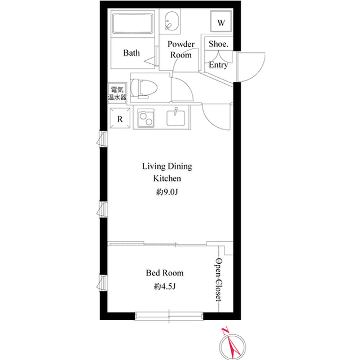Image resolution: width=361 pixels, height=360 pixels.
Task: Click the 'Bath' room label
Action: point(131,53)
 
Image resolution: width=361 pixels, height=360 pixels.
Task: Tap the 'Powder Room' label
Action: point(181,50)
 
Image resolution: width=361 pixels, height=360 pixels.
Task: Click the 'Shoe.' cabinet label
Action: point(218,44)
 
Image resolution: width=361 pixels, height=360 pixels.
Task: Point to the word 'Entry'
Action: point(218,65)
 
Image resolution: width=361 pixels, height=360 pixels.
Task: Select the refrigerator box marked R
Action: point(120,118)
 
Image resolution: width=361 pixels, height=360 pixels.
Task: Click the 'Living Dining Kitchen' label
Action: point(166,172)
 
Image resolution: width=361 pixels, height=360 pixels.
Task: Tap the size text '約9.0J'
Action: point(166,193)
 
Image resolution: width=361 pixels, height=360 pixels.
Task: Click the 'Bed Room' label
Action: point(165,273)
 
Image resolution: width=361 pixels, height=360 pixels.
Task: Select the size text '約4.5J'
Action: point(165,287)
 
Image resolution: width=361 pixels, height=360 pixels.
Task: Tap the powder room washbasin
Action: point(171,23)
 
